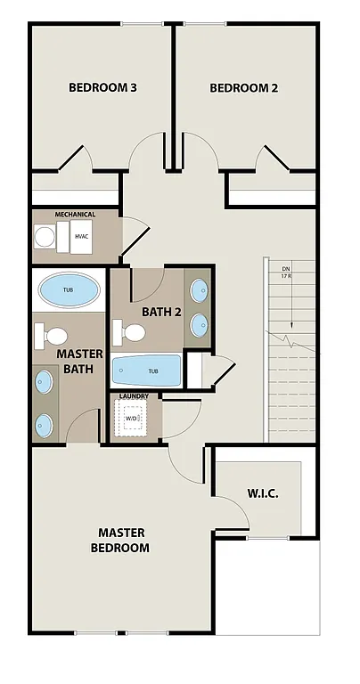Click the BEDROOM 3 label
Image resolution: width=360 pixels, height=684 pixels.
102,88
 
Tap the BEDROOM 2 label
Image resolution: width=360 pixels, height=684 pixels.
244,88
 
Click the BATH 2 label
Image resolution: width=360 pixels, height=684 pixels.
161,312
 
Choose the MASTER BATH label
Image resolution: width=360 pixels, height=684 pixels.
80,361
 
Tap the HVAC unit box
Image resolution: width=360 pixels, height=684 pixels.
83,236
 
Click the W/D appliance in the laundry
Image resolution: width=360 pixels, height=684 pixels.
132,417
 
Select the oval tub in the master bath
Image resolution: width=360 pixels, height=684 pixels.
69,290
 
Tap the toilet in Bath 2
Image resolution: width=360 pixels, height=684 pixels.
133,333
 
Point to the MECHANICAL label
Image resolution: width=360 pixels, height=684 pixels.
75,215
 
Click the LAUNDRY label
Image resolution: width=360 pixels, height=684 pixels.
134,395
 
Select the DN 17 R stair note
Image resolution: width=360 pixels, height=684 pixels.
286,272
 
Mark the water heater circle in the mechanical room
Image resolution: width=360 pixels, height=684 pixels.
45,237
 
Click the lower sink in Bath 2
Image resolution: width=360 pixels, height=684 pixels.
200,322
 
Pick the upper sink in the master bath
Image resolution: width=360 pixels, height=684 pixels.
45,383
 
